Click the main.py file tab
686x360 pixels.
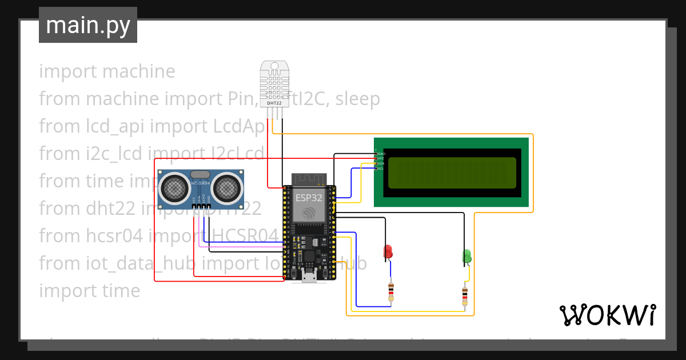tap(87, 26)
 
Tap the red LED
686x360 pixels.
tap(388, 251)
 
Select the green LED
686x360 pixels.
tap(466, 256)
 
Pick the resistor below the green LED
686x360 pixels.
tap(464, 295)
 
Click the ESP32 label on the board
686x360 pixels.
tap(308, 198)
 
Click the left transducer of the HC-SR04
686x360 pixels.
tap(173, 187)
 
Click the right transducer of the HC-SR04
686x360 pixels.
tap(228, 187)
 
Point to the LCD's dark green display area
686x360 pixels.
tap(452, 173)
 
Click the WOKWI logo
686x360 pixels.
tap(607, 315)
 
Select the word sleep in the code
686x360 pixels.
tap(357, 99)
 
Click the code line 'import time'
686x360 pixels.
tap(89, 290)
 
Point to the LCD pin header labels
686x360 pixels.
tap(380, 161)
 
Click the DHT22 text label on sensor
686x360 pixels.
tap(274, 103)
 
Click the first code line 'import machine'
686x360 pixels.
tap(107, 71)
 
